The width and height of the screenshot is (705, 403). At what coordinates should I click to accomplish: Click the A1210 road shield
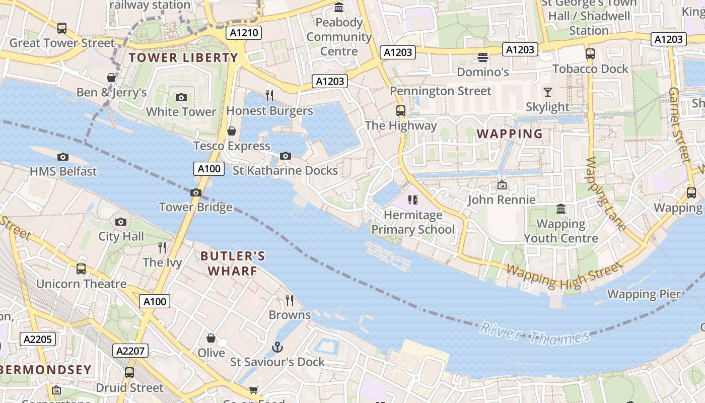(243, 33)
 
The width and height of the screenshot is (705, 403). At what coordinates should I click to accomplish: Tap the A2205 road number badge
(38, 339)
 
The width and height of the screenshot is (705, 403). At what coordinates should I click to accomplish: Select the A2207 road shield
(131, 351)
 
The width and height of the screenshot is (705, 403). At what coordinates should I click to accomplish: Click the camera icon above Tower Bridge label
(196, 192)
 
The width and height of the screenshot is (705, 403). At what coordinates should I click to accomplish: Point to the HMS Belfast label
(63, 171)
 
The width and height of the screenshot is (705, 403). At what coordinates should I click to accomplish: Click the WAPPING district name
(510, 134)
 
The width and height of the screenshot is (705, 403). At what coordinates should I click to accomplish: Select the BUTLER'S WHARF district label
(233, 263)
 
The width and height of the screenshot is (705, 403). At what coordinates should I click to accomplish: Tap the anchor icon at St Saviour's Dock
(277, 347)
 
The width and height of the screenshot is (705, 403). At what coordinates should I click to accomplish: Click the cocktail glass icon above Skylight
(548, 92)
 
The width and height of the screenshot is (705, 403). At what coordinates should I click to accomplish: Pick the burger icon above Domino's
(483, 57)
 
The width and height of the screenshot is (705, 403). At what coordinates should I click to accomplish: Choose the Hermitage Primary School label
(413, 222)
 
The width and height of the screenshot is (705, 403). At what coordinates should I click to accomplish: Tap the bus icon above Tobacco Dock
(590, 54)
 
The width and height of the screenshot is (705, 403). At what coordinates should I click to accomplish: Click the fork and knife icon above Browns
(290, 300)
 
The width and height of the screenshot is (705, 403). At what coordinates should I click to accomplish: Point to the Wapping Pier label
(644, 294)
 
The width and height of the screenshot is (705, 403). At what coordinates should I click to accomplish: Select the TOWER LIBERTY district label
(183, 58)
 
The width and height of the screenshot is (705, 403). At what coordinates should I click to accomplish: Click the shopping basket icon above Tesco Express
(232, 131)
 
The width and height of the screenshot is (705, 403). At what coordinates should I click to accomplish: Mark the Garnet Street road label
(678, 124)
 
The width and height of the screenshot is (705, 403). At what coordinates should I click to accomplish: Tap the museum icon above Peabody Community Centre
(339, 8)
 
